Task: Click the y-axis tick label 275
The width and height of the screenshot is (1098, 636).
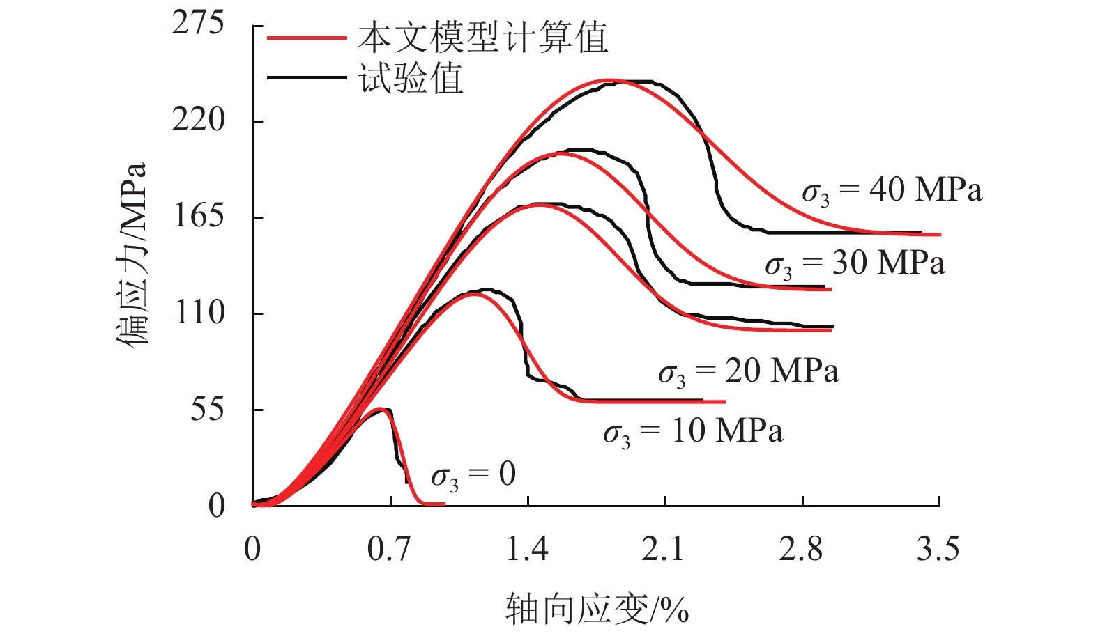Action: pyautogui.click(x=198, y=24)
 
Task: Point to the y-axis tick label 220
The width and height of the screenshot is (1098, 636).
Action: pyautogui.click(x=198, y=120)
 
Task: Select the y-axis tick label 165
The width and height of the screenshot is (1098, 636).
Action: pyautogui.click(x=198, y=216)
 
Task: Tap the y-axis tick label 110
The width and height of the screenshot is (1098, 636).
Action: pyautogui.click(x=199, y=313)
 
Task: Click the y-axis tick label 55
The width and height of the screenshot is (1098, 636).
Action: pyautogui.click(x=208, y=409)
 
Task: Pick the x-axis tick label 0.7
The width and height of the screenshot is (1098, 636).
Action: pyautogui.click(x=389, y=550)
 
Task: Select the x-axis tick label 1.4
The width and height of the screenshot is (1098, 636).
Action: pyautogui.click(x=527, y=550)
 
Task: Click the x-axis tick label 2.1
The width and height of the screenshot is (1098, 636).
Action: pyautogui.click(x=664, y=550)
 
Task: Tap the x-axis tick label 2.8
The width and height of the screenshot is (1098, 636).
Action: pyautogui.click(x=801, y=550)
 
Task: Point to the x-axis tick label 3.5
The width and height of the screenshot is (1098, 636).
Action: pyautogui.click(x=938, y=550)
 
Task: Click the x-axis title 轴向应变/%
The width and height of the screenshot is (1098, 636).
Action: pyautogui.click(x=597, y=609)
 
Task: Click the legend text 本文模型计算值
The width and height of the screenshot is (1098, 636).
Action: pyautogui.click(x=483, y=37)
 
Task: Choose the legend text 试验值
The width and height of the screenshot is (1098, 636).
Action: pyautogui.click(x=411, y=77)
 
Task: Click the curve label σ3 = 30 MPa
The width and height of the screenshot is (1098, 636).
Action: pyautogui.click(x=855, y=263)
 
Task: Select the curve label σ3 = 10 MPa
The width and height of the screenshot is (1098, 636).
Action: pyautogui.click(x=693, y=432)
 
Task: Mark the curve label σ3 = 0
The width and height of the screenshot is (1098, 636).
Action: pyautogui.click(x=473, y=476)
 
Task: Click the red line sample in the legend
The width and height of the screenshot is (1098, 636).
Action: pyautogui.click(x=307, y=38)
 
